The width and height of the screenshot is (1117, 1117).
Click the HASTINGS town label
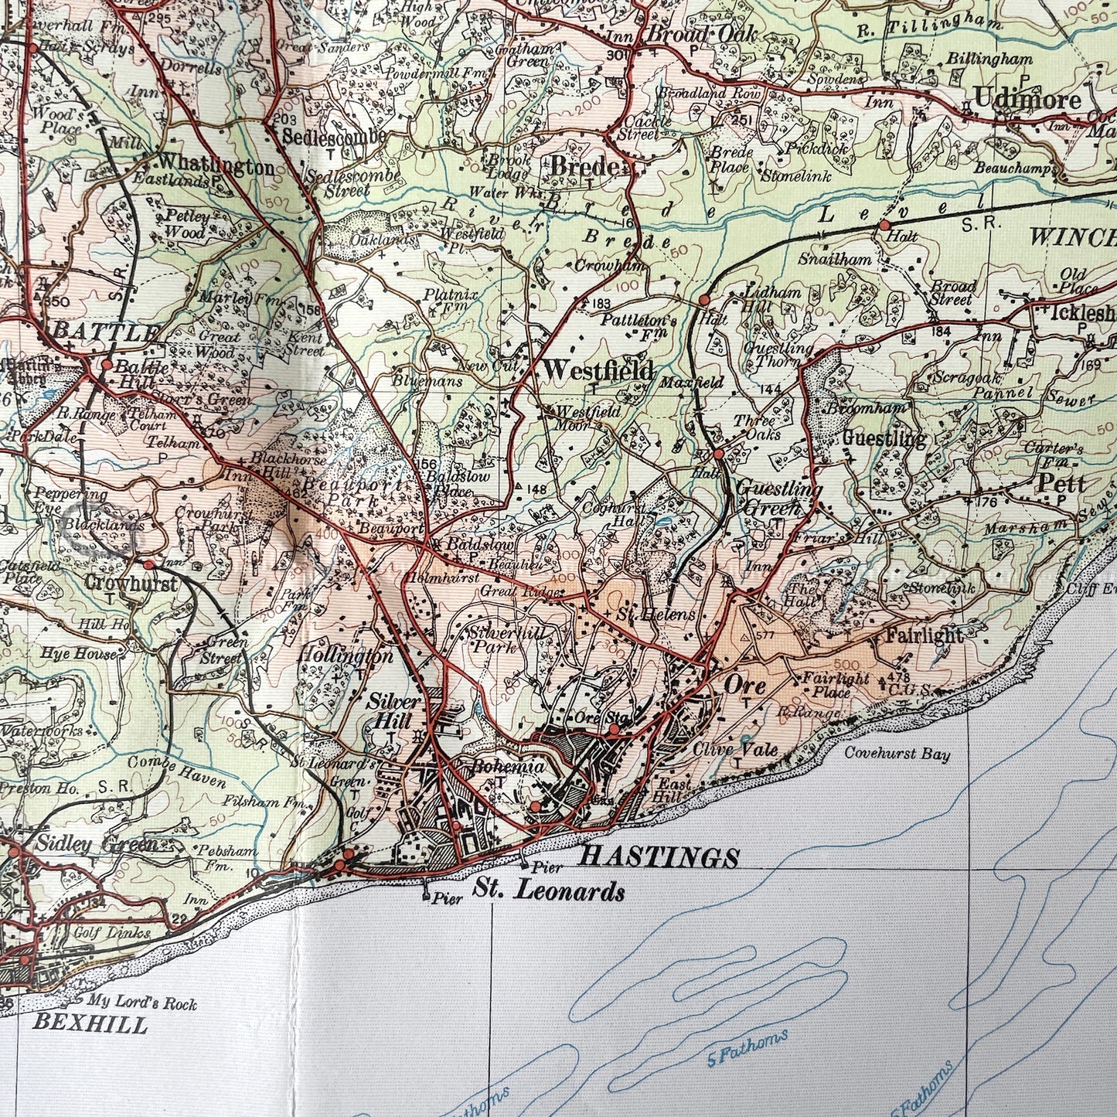click(x=659, y=856)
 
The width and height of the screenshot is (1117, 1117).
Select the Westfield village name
click(x=598, y=370)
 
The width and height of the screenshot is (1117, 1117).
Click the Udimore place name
click(x=1027, y=100)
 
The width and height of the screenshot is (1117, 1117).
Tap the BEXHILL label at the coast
click(x=90, y=1025)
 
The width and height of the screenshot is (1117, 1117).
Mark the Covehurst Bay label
click(x=897, y=755)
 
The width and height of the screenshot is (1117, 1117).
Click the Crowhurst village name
click(x=131, y=583)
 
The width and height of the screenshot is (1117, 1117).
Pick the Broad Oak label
click(x=690, y=35)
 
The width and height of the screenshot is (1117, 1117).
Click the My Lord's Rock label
click(x=141, y=1004)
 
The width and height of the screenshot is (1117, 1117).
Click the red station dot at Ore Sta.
click(x=613, y=729)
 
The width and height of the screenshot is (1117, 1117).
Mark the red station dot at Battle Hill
click(x=107, y=364)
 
